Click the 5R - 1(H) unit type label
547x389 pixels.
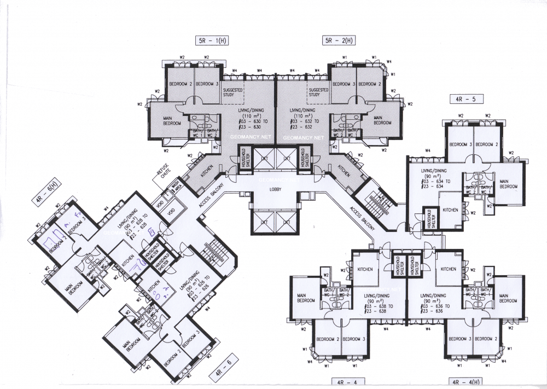(213, 40)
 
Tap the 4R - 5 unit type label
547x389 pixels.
(458, 99)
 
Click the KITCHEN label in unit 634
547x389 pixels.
(450, 210)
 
